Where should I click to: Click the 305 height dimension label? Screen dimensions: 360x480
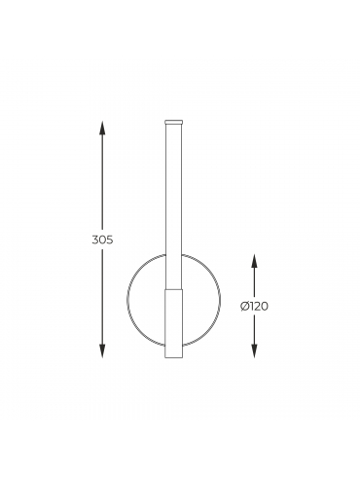102,240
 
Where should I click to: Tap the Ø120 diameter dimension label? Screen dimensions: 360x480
254,306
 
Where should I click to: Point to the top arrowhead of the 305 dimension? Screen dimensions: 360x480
102,128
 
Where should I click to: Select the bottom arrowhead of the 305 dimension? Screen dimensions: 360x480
102,351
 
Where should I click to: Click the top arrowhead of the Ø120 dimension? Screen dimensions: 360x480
254,260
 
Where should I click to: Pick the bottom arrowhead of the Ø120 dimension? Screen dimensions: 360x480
254,351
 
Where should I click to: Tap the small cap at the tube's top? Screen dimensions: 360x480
173,122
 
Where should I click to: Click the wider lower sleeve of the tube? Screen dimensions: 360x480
174,324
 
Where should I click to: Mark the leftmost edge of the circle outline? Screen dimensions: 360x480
127,299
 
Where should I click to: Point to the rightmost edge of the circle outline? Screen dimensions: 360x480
221,299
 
